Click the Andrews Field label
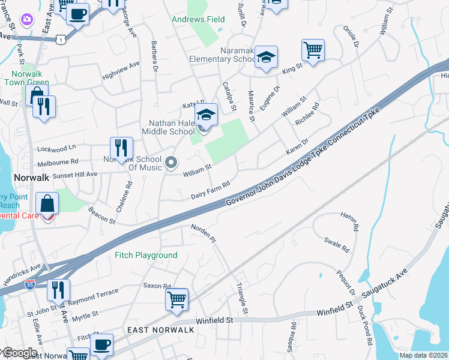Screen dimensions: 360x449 coord(198,20)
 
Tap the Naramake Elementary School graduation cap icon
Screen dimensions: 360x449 coord(265,57)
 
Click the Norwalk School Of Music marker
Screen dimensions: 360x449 coord(172,163)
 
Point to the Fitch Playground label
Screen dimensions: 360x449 coord(146,256)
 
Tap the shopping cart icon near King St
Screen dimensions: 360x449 coord(313,50)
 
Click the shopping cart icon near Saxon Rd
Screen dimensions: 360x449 coord(176,299)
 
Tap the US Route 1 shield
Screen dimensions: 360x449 coord(59,39)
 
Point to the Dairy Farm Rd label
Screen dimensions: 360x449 coord(211,190)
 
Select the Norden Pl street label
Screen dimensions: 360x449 coord(203,233)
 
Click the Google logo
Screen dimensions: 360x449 coord(19,353)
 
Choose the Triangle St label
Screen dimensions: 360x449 coord(242,298)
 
